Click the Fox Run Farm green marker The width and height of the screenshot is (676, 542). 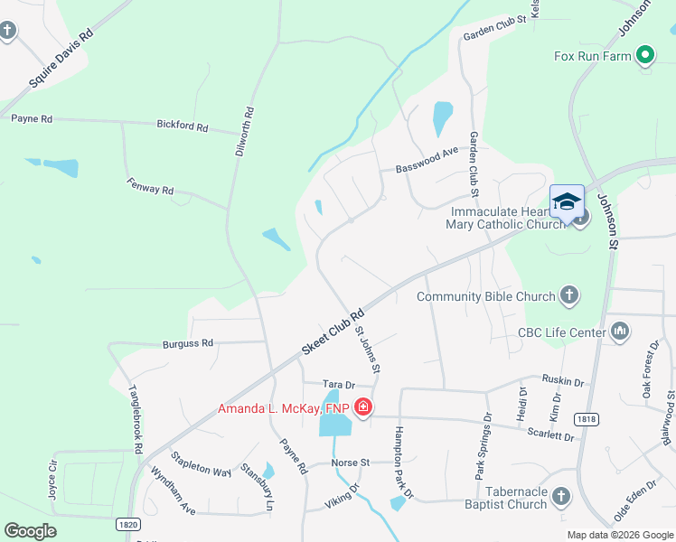644,56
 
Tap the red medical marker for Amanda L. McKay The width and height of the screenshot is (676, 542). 362,408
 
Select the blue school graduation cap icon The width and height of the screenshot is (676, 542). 567,202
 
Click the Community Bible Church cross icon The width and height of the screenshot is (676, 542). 569,295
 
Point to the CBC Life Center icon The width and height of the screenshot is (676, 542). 620,332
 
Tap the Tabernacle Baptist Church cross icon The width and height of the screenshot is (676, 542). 561,497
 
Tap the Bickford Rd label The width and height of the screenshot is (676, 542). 183,125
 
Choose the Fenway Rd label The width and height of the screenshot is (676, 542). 149,184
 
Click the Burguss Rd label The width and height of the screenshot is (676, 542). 187,343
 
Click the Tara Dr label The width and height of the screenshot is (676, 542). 338,384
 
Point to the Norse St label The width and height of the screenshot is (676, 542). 351,462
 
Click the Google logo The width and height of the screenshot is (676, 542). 30,531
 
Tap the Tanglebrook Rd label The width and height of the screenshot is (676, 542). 136,420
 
